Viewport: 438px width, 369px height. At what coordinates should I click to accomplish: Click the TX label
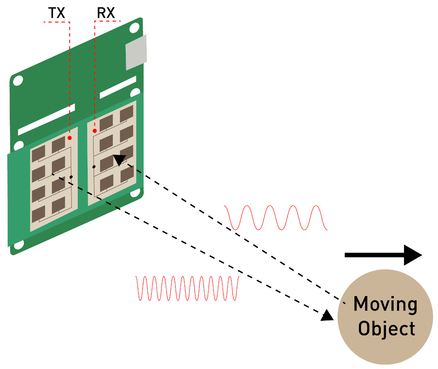click(x=56, y=13)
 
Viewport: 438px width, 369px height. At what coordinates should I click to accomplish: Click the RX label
click(x=106, y=13)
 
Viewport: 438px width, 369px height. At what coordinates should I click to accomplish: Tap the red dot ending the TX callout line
click(x=70, y=138)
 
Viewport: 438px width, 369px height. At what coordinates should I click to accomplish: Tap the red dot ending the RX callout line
click(x=94, y=131)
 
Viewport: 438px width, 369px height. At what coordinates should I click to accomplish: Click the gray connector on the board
click(x=136, y=52)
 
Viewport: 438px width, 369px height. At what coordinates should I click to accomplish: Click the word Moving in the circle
click(x=386, y=304)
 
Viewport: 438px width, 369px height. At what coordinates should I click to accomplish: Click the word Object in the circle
click(x=386, y=328)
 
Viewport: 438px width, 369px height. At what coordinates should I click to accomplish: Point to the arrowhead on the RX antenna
click(x=120, y=160)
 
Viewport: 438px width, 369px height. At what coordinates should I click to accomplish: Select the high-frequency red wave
click(x=187, y=288)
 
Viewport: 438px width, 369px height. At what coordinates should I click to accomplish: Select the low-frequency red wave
click(x=276, y=218)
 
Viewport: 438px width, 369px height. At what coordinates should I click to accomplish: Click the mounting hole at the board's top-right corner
click(x=134, y=28)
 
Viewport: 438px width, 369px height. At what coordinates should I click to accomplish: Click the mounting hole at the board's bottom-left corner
click(x=19, y=245)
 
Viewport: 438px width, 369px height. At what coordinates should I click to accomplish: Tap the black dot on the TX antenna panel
click(x=71, y=177)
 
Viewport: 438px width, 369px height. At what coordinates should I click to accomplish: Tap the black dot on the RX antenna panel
click(x=94, y=167)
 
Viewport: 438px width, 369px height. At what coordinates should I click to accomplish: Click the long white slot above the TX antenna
click(x=46, y=119)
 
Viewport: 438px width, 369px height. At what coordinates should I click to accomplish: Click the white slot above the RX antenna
click(x=118, y=87)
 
